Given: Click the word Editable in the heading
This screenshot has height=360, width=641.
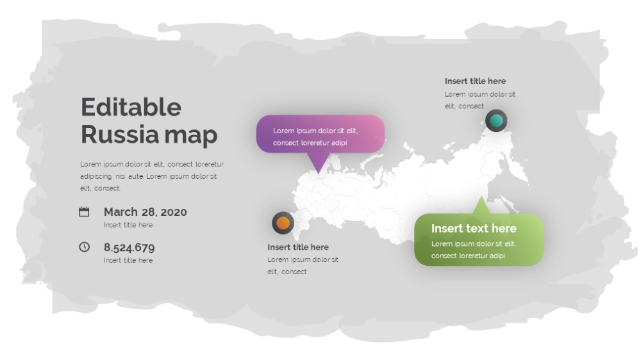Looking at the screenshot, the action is pyautogui.click(x=131, y=107).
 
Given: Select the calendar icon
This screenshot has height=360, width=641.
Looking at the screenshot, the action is pyautogui.click(x=84, y=211).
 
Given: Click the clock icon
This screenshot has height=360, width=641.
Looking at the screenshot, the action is pyautogui.click(x=84, y=247).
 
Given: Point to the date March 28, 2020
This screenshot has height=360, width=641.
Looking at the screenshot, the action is pyautogui.click(x=145, y=212).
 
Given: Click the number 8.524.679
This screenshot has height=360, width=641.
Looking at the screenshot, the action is pyautogui.click(x=129, y=247).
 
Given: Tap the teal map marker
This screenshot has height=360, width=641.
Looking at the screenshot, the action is pyautogui.click(x=496, y=120).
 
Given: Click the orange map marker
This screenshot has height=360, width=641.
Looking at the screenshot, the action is pyautogui.click(x=283, y=223).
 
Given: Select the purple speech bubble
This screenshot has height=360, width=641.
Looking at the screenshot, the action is pyautogui.click(x=320, y=135).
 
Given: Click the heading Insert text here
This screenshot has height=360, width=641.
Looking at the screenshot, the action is pyautogui.click(x=474, y=229).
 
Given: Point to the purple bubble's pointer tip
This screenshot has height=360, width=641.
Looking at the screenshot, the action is pyautogui.click(x=319, y=173).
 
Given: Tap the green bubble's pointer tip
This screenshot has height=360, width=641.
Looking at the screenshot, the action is pyautogui.click(x=481, y=197).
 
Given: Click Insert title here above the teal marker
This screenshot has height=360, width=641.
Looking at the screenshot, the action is pyautogui.click(x=475, y=81).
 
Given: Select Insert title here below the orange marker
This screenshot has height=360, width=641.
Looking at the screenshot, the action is pyautogui.click(x=298, y=247).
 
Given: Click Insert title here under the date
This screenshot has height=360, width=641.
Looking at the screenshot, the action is pyautogui.click(x=128, y=225).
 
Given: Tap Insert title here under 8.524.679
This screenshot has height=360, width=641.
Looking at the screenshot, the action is pyautogui.click(x=128, y=260).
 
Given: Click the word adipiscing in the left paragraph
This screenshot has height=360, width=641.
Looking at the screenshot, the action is pyautogui.click(x=96, y=177).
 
